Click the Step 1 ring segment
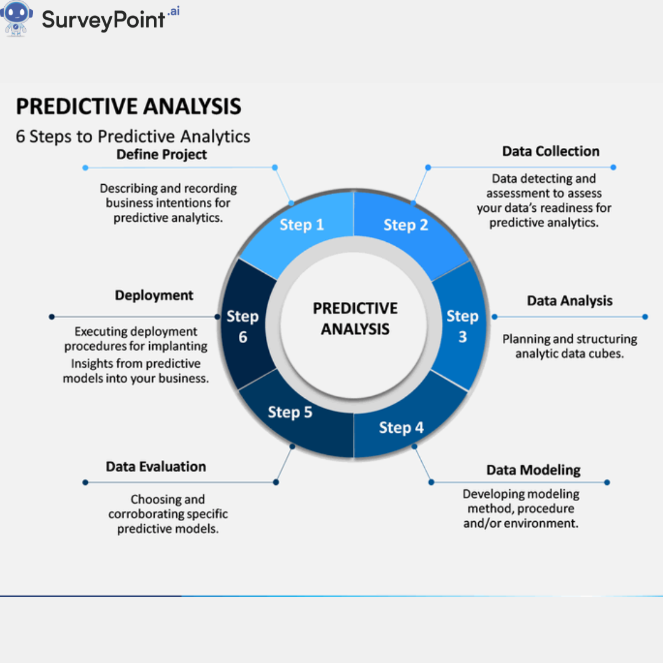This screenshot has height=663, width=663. point(301,225)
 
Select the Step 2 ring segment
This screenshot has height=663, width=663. point(406,225)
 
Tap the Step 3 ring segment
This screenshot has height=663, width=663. point(462,326)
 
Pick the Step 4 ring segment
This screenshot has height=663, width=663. point(401,428)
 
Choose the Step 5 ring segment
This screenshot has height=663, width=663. point(290,413)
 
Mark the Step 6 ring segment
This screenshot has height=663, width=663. point(242,326)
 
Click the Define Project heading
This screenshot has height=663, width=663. point(162,155)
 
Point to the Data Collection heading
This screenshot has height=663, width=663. point(551,152)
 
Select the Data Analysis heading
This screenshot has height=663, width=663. point(570,301)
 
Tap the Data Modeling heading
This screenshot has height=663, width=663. point(533,470)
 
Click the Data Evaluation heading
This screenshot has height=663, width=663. point(156,467)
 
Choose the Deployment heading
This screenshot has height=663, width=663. point(154,295)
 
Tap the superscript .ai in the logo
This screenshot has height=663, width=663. point(173,12)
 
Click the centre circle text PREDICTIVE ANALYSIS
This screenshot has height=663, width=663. point(355,319)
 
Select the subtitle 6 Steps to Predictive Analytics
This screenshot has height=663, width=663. point(133,136)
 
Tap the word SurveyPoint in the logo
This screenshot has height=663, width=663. point(104,20)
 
